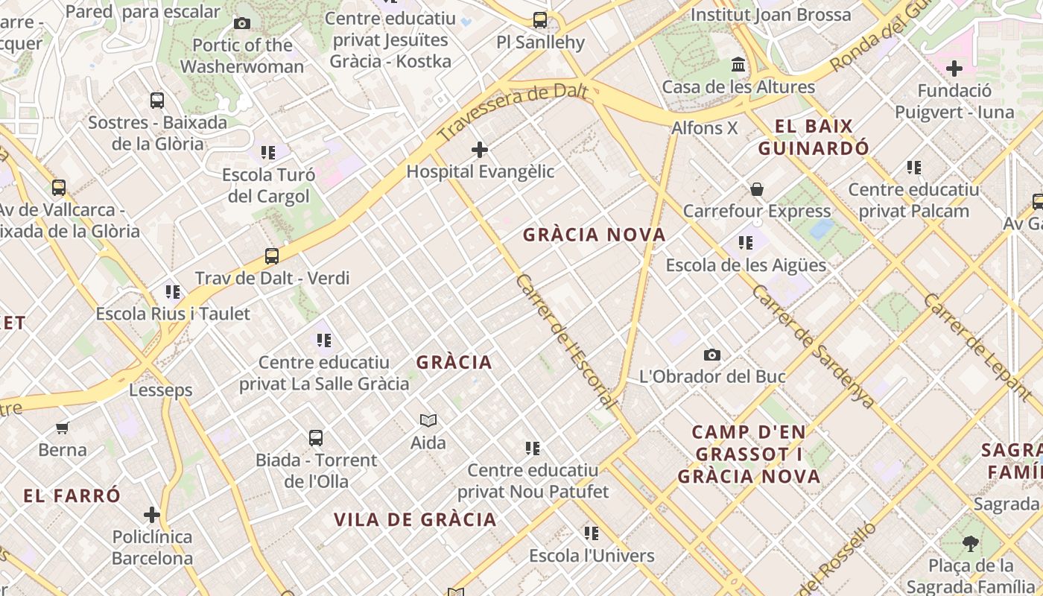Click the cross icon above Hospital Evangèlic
(480, 150)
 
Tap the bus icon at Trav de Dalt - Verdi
(272, 256)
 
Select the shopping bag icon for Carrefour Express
(757, 189)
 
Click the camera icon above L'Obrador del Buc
(712, 355)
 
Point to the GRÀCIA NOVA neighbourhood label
(594, 235)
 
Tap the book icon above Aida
(428, 421)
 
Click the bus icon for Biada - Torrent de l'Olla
(316, 438)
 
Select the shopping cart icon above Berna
(63, 428)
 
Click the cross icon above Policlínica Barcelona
(152, 515)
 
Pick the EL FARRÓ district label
(72, 496)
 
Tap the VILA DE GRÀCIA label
(415, 520)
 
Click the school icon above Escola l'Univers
(592, 533)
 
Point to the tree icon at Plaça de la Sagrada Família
(970, 543)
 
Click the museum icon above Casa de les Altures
(738, 65)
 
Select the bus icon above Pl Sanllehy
(540, 20)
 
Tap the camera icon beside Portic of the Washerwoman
(242, 23)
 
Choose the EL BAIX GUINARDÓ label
(814, 136)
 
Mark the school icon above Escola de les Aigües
(745, 243)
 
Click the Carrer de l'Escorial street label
(566, 341)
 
